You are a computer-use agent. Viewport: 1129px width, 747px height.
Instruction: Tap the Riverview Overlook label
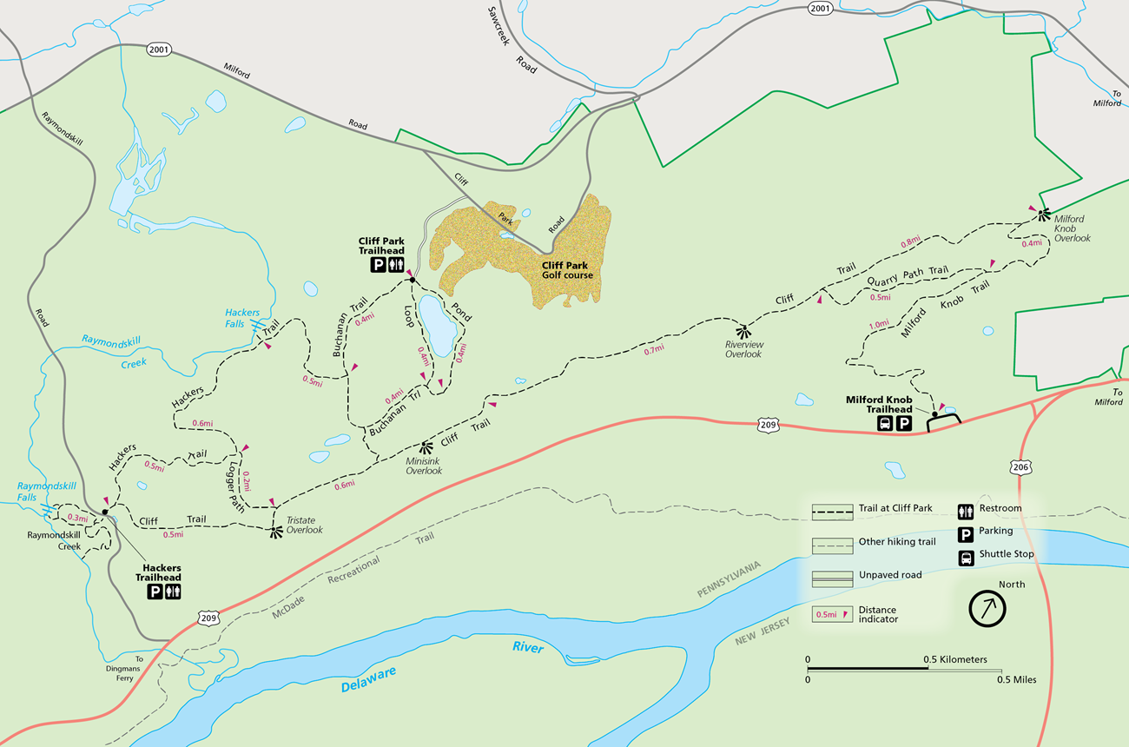coord(743,349)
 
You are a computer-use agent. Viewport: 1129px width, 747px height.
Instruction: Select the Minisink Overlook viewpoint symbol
coord(426,448)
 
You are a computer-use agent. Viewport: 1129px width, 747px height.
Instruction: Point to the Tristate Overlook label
coord(304,525)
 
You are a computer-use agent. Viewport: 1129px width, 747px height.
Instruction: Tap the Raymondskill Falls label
coord(40,492)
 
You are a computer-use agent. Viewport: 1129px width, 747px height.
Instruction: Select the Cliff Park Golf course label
coord(567,270)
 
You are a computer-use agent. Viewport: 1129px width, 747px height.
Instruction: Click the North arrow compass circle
coord(987,609)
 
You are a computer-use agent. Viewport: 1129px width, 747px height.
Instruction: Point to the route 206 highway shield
coord(1021,468)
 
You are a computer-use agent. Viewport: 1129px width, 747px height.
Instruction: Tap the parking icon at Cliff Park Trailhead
coord(379,265)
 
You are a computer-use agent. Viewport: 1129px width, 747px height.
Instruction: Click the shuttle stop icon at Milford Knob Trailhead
coord(885,424)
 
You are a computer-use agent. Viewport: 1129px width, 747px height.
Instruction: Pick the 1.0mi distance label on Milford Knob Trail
coord(878,325)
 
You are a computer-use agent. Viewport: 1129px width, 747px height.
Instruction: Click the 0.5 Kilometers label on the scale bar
coord(956,659)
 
